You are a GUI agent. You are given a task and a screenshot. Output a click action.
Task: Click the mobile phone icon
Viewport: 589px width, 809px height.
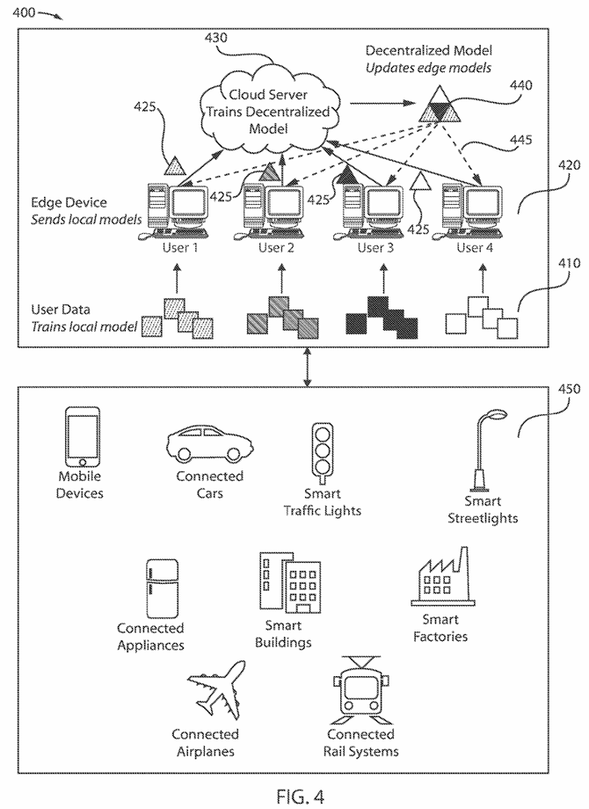coord(82,437)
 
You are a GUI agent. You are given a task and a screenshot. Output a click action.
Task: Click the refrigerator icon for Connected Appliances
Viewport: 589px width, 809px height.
coord(162,588)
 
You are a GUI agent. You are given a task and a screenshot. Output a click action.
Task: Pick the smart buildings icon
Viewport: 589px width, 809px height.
coord(289,583)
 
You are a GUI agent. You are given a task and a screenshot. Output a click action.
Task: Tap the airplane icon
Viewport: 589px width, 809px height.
coord(216,689)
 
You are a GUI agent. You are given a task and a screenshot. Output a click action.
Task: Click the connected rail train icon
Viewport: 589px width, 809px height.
coord(360,689)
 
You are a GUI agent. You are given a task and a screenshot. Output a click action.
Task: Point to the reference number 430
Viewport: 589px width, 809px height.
coord(215,38)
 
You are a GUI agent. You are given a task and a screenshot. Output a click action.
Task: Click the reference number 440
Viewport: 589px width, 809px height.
coord(521,85)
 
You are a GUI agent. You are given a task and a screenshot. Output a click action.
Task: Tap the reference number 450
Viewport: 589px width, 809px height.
coord(569,389)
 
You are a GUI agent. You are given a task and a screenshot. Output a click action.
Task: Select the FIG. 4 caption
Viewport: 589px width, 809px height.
coord(300,796)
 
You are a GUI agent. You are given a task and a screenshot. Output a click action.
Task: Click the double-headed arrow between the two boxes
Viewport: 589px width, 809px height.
coord(308,367)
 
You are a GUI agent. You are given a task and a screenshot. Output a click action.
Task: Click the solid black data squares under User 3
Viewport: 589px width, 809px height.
coord(382,317)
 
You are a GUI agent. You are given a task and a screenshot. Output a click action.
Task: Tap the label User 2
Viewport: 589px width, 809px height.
coord(276,248)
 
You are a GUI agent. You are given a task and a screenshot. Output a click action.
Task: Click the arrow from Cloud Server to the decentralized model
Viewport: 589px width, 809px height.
coord(382,104)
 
